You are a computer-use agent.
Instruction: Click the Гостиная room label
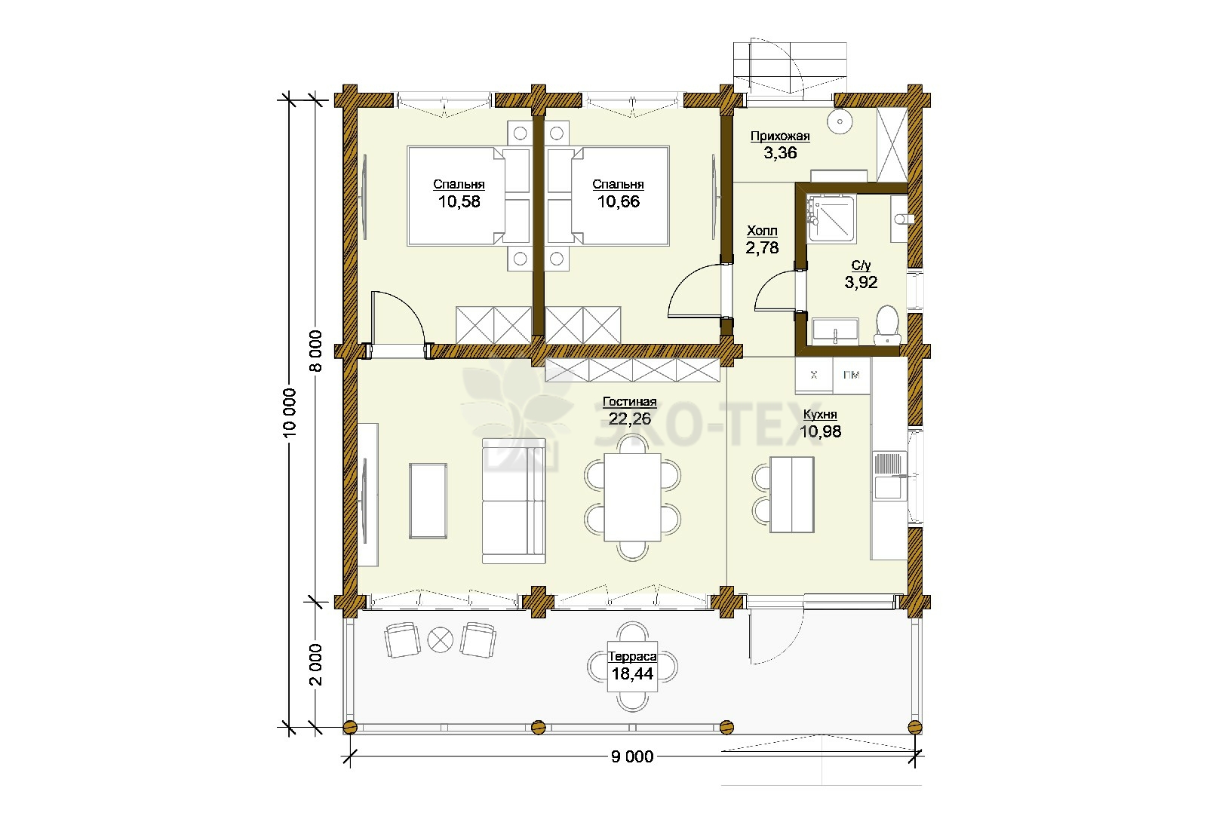pyautogui.click(x=629, y=402)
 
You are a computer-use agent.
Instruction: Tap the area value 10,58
pyautogui.click(x=459, y=202)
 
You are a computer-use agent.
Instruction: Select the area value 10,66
pyautogui.click(x=619, y=202)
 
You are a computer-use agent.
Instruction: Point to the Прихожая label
pyautogui.click(x=780, y=136)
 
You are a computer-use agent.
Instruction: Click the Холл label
pyautogui.click(x=762, y=231)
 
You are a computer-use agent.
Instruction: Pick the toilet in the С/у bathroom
pyautogui.click(x=887, y=325)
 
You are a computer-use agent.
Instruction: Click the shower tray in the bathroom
pyautogui.click(x=831, y=218)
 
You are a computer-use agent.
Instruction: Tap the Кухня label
pyautogui.click(x=820, y=415)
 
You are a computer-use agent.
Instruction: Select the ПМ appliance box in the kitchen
pyautogui.click(x=852, y=376)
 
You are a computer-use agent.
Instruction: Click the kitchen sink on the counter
pyautogui.click(x=890, y=474)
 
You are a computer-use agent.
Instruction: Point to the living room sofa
pyautogui.click(x=514, y=501)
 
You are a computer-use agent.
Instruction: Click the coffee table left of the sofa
pyautogui.click(x=428, y=501)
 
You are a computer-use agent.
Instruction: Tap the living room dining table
pyautogui.click(x=633, y=497)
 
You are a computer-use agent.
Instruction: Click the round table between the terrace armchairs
pyautogui.click(x=441, y=640)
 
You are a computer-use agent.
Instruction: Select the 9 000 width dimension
pyautogui.click(x=632, y=757)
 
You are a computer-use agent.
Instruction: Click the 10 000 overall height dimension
pyautogui.click(x=290, y=412)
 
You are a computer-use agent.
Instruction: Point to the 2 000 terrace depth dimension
pyautogui.click(x=315, y=664)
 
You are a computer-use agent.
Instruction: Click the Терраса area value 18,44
pyautogui.click(x=633, y=674)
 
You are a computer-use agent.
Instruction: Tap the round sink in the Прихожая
pyautogui.click(x=840, y=121)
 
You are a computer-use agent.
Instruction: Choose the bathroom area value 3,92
pyautogui.click(x=861, y=282)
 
